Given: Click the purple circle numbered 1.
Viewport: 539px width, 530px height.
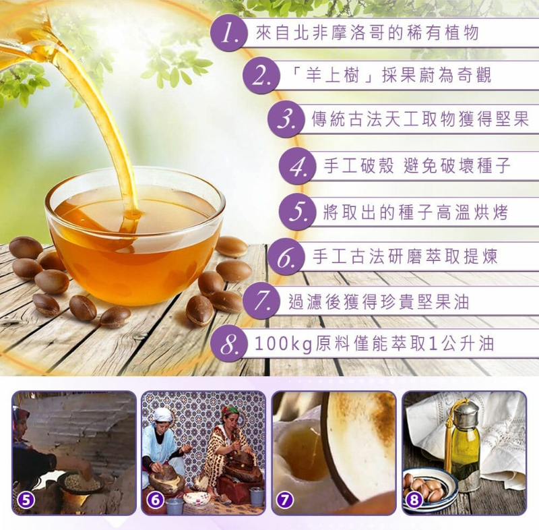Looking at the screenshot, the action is (229, 34).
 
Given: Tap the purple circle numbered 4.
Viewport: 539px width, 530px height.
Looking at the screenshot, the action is (298, 167).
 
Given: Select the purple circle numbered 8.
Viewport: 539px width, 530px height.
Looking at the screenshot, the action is (229, 345).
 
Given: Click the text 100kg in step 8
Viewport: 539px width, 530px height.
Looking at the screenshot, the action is (283, 345).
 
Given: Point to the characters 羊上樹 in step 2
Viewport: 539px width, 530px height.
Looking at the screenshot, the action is (333, 76).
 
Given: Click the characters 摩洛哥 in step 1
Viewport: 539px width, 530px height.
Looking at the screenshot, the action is (358, 33).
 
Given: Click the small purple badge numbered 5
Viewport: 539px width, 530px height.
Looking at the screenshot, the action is (25, 500).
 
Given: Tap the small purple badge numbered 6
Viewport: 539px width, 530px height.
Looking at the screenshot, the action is (155, 500).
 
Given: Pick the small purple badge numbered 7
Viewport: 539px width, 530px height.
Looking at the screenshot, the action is (285, 500).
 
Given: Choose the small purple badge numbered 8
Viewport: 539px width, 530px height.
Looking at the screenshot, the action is (414, 500).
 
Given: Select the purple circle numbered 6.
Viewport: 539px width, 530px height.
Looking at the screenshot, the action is (286, 258).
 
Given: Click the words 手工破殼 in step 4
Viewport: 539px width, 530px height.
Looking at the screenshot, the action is (359, 166).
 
